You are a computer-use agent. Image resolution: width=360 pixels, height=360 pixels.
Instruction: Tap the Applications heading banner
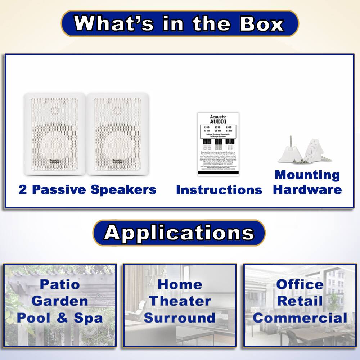point(179,233)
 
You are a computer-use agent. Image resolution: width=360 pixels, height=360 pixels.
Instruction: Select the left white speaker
point(55,134)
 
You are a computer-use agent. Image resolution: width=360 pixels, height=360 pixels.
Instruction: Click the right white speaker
point(118,134)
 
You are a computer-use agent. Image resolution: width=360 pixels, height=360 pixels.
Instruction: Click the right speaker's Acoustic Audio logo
point(117,162)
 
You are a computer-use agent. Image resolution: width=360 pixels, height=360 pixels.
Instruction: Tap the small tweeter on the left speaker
point(54,109)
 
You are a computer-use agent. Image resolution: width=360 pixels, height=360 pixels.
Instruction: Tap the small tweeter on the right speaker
point(117,109)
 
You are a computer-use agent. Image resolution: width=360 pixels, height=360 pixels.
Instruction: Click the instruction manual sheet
point(218,144)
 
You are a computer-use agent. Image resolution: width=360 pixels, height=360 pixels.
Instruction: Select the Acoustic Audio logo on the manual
point(218,119)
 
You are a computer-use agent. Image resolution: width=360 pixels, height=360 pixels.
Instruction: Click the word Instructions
point(219,190)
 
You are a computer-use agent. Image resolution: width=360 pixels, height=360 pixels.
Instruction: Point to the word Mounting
point(307,175)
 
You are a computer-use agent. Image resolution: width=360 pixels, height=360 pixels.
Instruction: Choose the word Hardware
point(307,189)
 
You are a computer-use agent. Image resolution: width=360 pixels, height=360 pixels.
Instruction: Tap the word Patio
point(60,284)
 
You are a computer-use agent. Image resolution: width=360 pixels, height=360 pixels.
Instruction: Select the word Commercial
point(300,318)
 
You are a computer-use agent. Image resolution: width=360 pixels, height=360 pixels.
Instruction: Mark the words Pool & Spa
point(60,318)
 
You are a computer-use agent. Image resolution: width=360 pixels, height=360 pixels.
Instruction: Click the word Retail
point(300,301)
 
